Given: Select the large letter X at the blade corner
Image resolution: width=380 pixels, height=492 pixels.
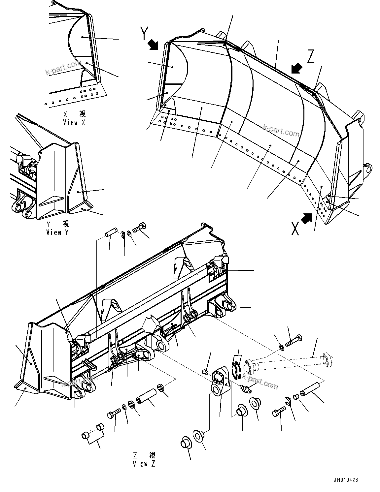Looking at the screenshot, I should click(x=295, y=228).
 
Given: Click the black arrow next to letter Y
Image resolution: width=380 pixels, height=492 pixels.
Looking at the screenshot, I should click(x=154, y=45).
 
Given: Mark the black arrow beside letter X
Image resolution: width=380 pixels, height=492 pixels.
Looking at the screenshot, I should click(x=307, y=218).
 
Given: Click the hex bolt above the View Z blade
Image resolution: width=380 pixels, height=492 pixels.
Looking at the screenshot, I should click(x=140, y=228).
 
